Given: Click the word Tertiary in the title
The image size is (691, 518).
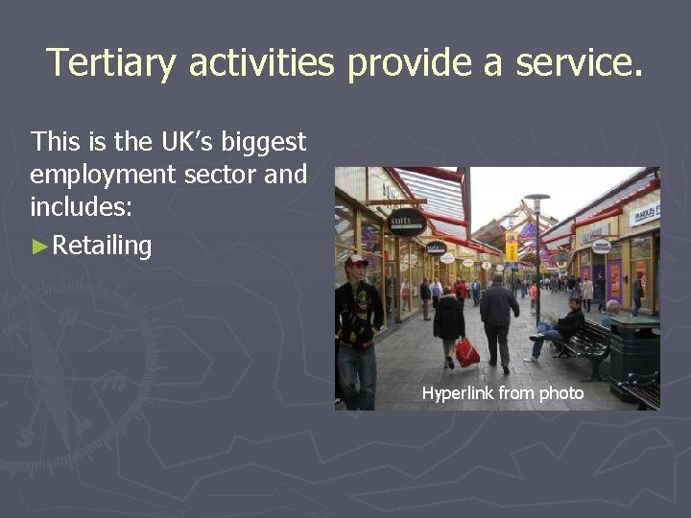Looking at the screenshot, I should [111, 63].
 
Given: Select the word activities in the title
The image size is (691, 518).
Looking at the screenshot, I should [261, 63].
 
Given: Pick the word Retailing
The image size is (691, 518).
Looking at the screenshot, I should [102, 246].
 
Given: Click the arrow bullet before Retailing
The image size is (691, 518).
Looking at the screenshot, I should [40, 247].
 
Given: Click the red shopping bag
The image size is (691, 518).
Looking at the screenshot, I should [467, 353].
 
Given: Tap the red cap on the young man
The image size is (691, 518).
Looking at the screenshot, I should [356, 259].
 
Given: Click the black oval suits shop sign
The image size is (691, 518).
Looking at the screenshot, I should [406, 222].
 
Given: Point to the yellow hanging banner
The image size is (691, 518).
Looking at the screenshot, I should [512, 247].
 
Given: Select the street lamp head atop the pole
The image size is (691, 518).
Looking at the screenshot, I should [537, 198].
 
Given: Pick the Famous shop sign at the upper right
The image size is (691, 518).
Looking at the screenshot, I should [645, 212].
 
